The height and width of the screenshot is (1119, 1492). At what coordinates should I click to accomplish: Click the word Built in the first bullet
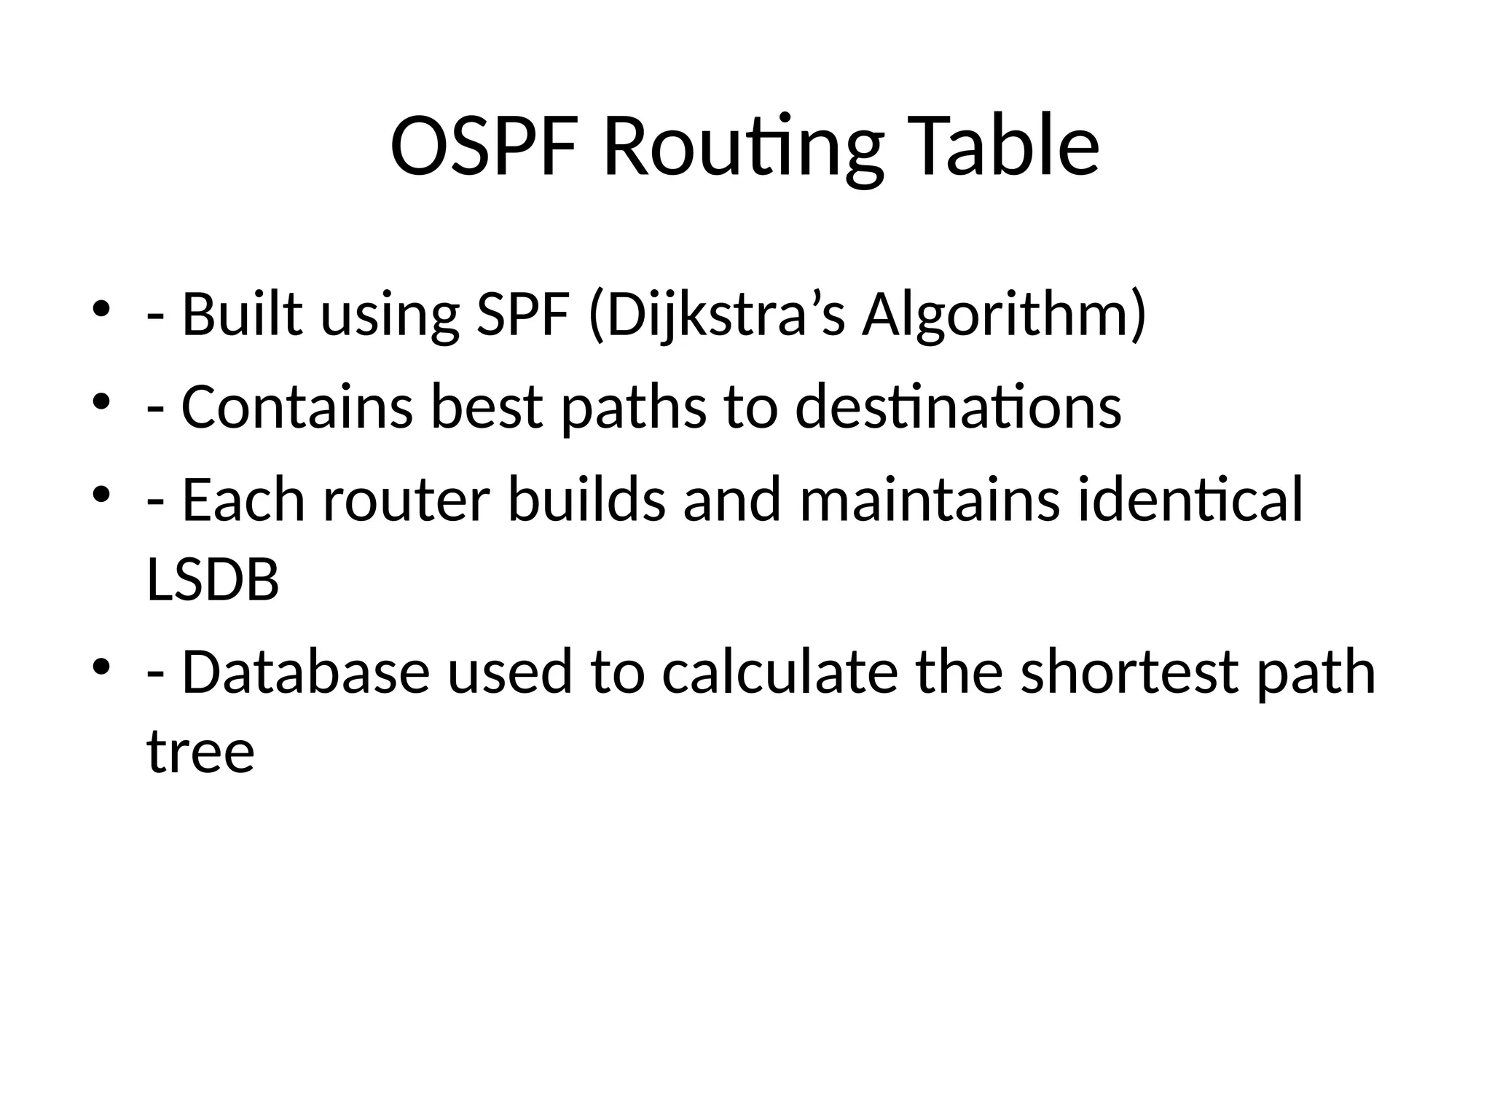[x=241, y=314]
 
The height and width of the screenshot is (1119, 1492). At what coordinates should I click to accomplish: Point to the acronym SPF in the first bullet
[x=522, y=314]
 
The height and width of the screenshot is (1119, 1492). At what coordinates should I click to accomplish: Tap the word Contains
[x=297, y=407]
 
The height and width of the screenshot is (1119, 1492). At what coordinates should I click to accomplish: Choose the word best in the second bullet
[x=487, y=407]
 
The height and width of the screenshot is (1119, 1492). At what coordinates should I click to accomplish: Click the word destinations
[x=958, y=407]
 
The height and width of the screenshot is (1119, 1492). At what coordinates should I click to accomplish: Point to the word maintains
[x=930, y=500]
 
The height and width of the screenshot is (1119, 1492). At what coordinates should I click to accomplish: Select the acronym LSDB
[x=213, y=580]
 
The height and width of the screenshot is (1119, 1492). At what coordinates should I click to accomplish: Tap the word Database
[x=305, y=672]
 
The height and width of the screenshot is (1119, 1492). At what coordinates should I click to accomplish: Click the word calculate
[x=780, y=672]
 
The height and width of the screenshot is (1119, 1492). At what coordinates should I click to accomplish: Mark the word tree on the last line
[x=200, y=752]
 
